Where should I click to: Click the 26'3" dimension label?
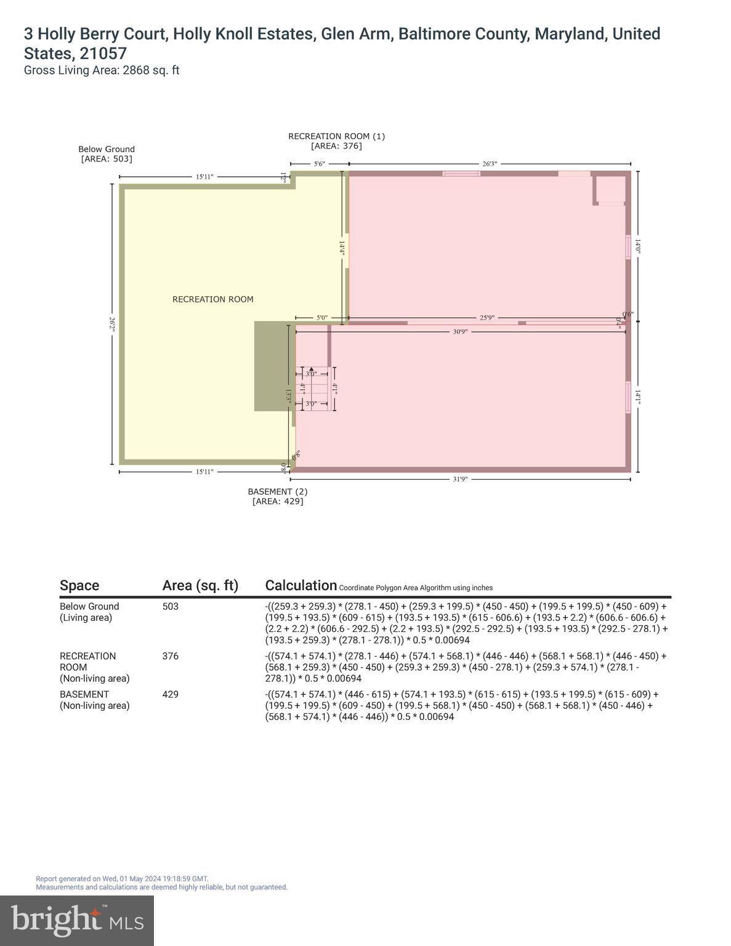point(489,164)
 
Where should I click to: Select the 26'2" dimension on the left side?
point(112,325)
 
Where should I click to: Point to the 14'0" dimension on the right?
point(638,246)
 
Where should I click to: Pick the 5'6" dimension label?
point(319,164)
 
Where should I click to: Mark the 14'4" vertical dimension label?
point(341,248)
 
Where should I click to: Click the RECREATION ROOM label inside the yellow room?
point(212,299)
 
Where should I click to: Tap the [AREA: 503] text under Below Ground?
point(107,159)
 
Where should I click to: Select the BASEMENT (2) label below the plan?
point(277,491)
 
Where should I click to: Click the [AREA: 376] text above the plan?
point(336,146)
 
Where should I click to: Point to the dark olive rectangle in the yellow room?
point(271,366)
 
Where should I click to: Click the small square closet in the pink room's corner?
point(610,190)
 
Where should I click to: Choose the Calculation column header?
point(301,585)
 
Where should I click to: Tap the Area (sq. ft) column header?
point(200,585)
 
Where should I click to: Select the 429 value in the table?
point(170,694)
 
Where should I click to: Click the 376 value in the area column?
point(170,656)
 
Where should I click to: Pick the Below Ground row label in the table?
point(89,606)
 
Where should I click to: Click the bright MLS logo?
point(77,920)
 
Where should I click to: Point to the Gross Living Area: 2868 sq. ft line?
point(102,70)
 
